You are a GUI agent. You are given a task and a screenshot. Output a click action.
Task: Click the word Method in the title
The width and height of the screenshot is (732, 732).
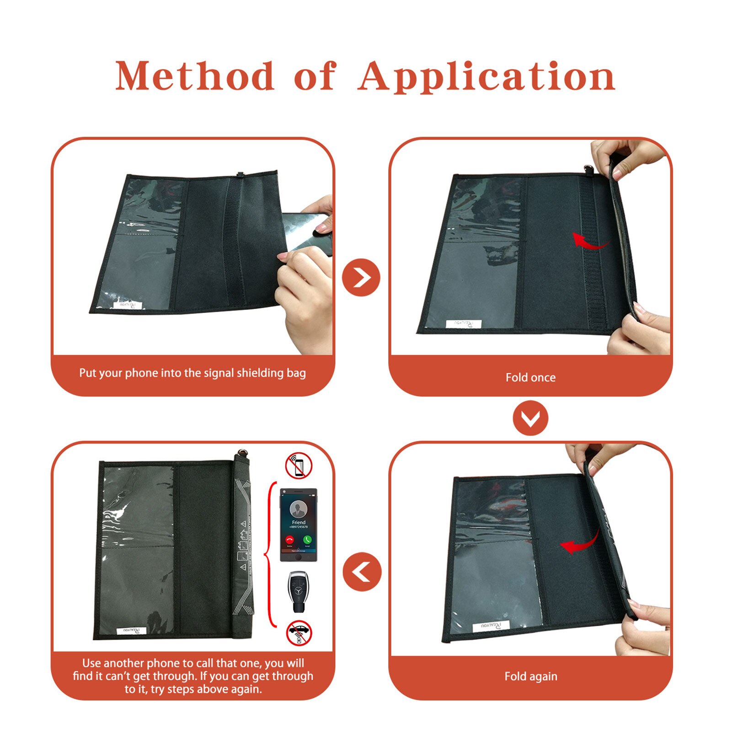pyautogui.click(x=194, y=76)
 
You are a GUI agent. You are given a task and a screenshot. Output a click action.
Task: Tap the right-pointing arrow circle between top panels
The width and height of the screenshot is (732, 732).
pyautogui.click(x=361, y=278)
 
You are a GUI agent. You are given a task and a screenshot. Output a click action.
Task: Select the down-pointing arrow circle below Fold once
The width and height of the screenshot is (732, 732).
pyautogui.click(x=530, y=418)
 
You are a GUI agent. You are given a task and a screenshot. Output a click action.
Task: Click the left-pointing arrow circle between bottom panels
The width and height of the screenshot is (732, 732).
pyautogui.click(x=362, y=572)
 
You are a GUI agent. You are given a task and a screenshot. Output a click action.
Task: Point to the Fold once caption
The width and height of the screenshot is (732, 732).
pyautogui.click(x=530, y=378)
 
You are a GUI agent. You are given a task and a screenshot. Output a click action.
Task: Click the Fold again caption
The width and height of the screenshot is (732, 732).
pyautogui.click(x=530, y=676)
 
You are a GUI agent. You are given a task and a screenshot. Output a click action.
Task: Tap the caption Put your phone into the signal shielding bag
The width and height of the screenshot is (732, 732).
pyautogui.click(x=192, y=373)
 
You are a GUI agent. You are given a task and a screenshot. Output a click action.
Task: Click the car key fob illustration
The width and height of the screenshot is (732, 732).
pyautogui.click(x=299, y=590)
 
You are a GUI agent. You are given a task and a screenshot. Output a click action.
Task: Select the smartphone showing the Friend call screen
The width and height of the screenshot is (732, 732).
pyautogui.click(x=299, y=524)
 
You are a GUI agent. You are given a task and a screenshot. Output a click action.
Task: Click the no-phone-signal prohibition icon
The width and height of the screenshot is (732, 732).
pyautogui.click(x=299, y=466)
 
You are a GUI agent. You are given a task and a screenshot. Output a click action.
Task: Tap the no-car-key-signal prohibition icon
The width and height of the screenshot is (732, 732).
pyautogui.click(x=299, y=633)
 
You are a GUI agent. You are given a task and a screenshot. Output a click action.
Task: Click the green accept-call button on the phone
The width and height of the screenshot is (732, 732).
pyautogui.click(x=307, y=540)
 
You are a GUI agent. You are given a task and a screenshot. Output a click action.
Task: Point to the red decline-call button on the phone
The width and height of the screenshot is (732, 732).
pyautogui.click(x=289, y=540)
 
